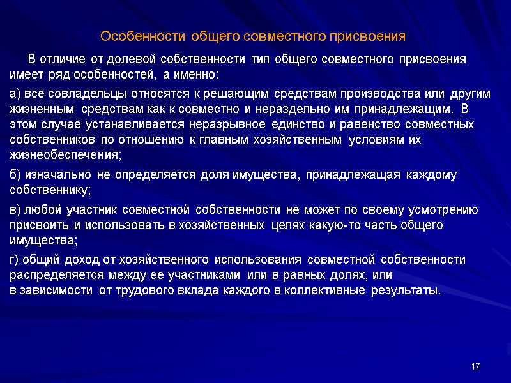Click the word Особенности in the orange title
pos(133,34)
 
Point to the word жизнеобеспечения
pos(64,154)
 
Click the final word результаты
pos(404,291)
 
